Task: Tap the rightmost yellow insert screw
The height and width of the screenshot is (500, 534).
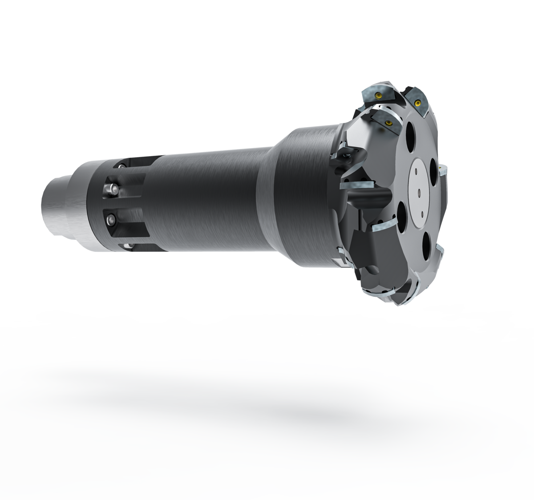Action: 417,103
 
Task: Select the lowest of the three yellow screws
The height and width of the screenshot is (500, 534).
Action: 389,123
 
